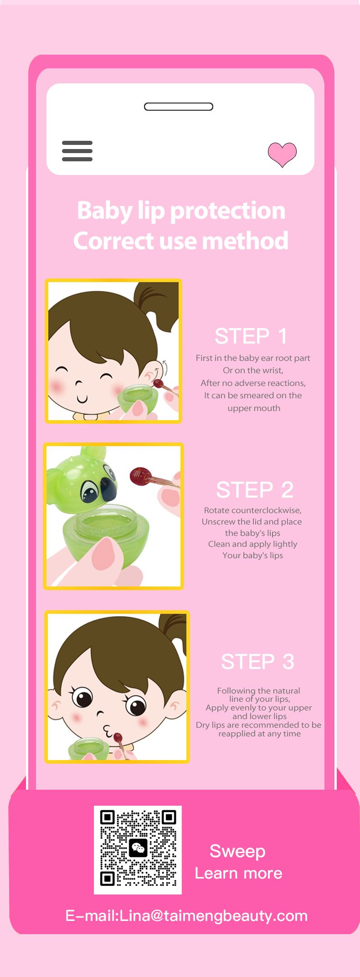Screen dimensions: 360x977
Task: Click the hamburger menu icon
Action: (x=77, y=151)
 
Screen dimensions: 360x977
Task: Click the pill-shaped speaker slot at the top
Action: (x=179, y=107)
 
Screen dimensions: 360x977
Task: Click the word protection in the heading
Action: (x=228, y=211)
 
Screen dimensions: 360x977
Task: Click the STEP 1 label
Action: (x=251, y=336)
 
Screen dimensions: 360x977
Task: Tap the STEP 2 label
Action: (x=255, y=490)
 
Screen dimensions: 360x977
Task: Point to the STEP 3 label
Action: (x=258, y=662)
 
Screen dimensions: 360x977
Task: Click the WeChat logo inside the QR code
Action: (x=138, y=848)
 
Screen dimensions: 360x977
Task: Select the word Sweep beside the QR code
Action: (x=237, y=851)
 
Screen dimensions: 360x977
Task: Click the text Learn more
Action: (x=238, y=873)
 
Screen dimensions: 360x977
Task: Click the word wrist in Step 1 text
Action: (x=272, y=370)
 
